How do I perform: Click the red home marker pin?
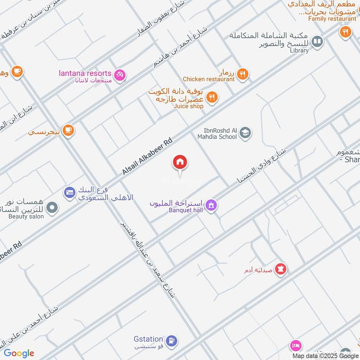click(180, 162)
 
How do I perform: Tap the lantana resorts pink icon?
click(120, 75)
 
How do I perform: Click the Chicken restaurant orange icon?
click(243, 74)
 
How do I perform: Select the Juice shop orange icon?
click(212, 97)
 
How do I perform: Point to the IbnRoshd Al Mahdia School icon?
click(245, 133)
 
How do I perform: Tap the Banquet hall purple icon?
click(212, 206)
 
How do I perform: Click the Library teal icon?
click(317, 42)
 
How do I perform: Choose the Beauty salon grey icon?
click(53, 207)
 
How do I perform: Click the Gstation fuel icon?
click(171, 341)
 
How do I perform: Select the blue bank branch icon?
click(69, 192)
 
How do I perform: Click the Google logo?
click(19, 353)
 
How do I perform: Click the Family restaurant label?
click(332, 19)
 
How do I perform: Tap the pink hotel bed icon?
click(295, 345)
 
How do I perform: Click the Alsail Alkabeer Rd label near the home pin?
click(147, 157)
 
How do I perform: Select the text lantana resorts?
click(85, 73)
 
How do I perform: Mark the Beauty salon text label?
click(26, 216)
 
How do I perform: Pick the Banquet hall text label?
click(184, 210)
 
